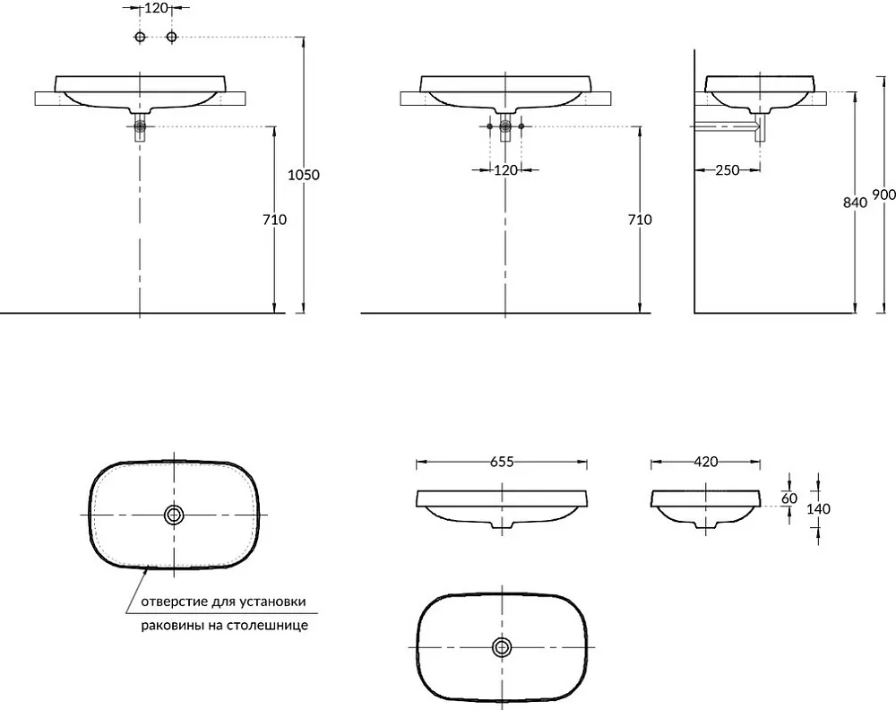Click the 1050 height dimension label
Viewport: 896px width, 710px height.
point(304,175)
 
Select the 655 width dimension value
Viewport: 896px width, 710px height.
point(502,462)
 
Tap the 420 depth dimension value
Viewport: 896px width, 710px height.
point(706,462)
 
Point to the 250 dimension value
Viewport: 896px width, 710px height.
point(728,169)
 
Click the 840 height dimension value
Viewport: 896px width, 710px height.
point(855,203)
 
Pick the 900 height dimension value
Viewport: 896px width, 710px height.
point(884,195)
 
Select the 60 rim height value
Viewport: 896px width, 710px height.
point(789,498)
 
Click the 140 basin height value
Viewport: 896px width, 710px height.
point(818,508)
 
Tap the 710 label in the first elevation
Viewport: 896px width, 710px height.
point(274,220)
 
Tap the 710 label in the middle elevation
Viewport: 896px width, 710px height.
point(640,220)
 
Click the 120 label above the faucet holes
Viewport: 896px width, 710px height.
point(156,8)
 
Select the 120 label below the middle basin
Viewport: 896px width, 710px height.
point(505,169)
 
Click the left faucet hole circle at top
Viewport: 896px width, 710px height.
point(140,37)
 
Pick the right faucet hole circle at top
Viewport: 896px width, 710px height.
point(171,37)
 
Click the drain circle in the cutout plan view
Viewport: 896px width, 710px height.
point(174,515)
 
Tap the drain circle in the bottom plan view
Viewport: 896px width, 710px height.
point(502,647)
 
